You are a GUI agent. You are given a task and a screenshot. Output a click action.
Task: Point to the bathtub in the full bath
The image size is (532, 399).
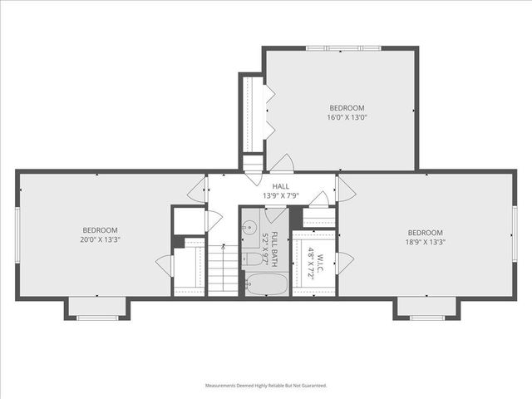point(265,284)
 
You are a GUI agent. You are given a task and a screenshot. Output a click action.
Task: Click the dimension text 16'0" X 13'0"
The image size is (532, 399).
point(347,117)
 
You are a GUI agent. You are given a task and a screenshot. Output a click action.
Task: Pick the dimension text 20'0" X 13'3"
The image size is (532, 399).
point(100,240)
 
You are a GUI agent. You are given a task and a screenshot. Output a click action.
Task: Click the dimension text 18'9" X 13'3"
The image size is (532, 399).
point(425,243)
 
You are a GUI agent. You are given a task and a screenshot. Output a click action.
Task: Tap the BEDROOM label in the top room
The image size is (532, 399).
point(347,108)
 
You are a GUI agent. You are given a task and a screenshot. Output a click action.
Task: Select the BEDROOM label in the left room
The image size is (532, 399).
point(100,230)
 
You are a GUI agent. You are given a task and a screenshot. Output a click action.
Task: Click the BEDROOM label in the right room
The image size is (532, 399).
point(425,233)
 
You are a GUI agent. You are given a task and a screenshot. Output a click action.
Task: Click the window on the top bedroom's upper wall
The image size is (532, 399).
point(341,48)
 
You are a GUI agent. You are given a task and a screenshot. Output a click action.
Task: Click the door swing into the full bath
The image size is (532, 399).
point(276,214)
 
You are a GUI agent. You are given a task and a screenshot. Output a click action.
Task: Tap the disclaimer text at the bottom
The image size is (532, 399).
point(266,386)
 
